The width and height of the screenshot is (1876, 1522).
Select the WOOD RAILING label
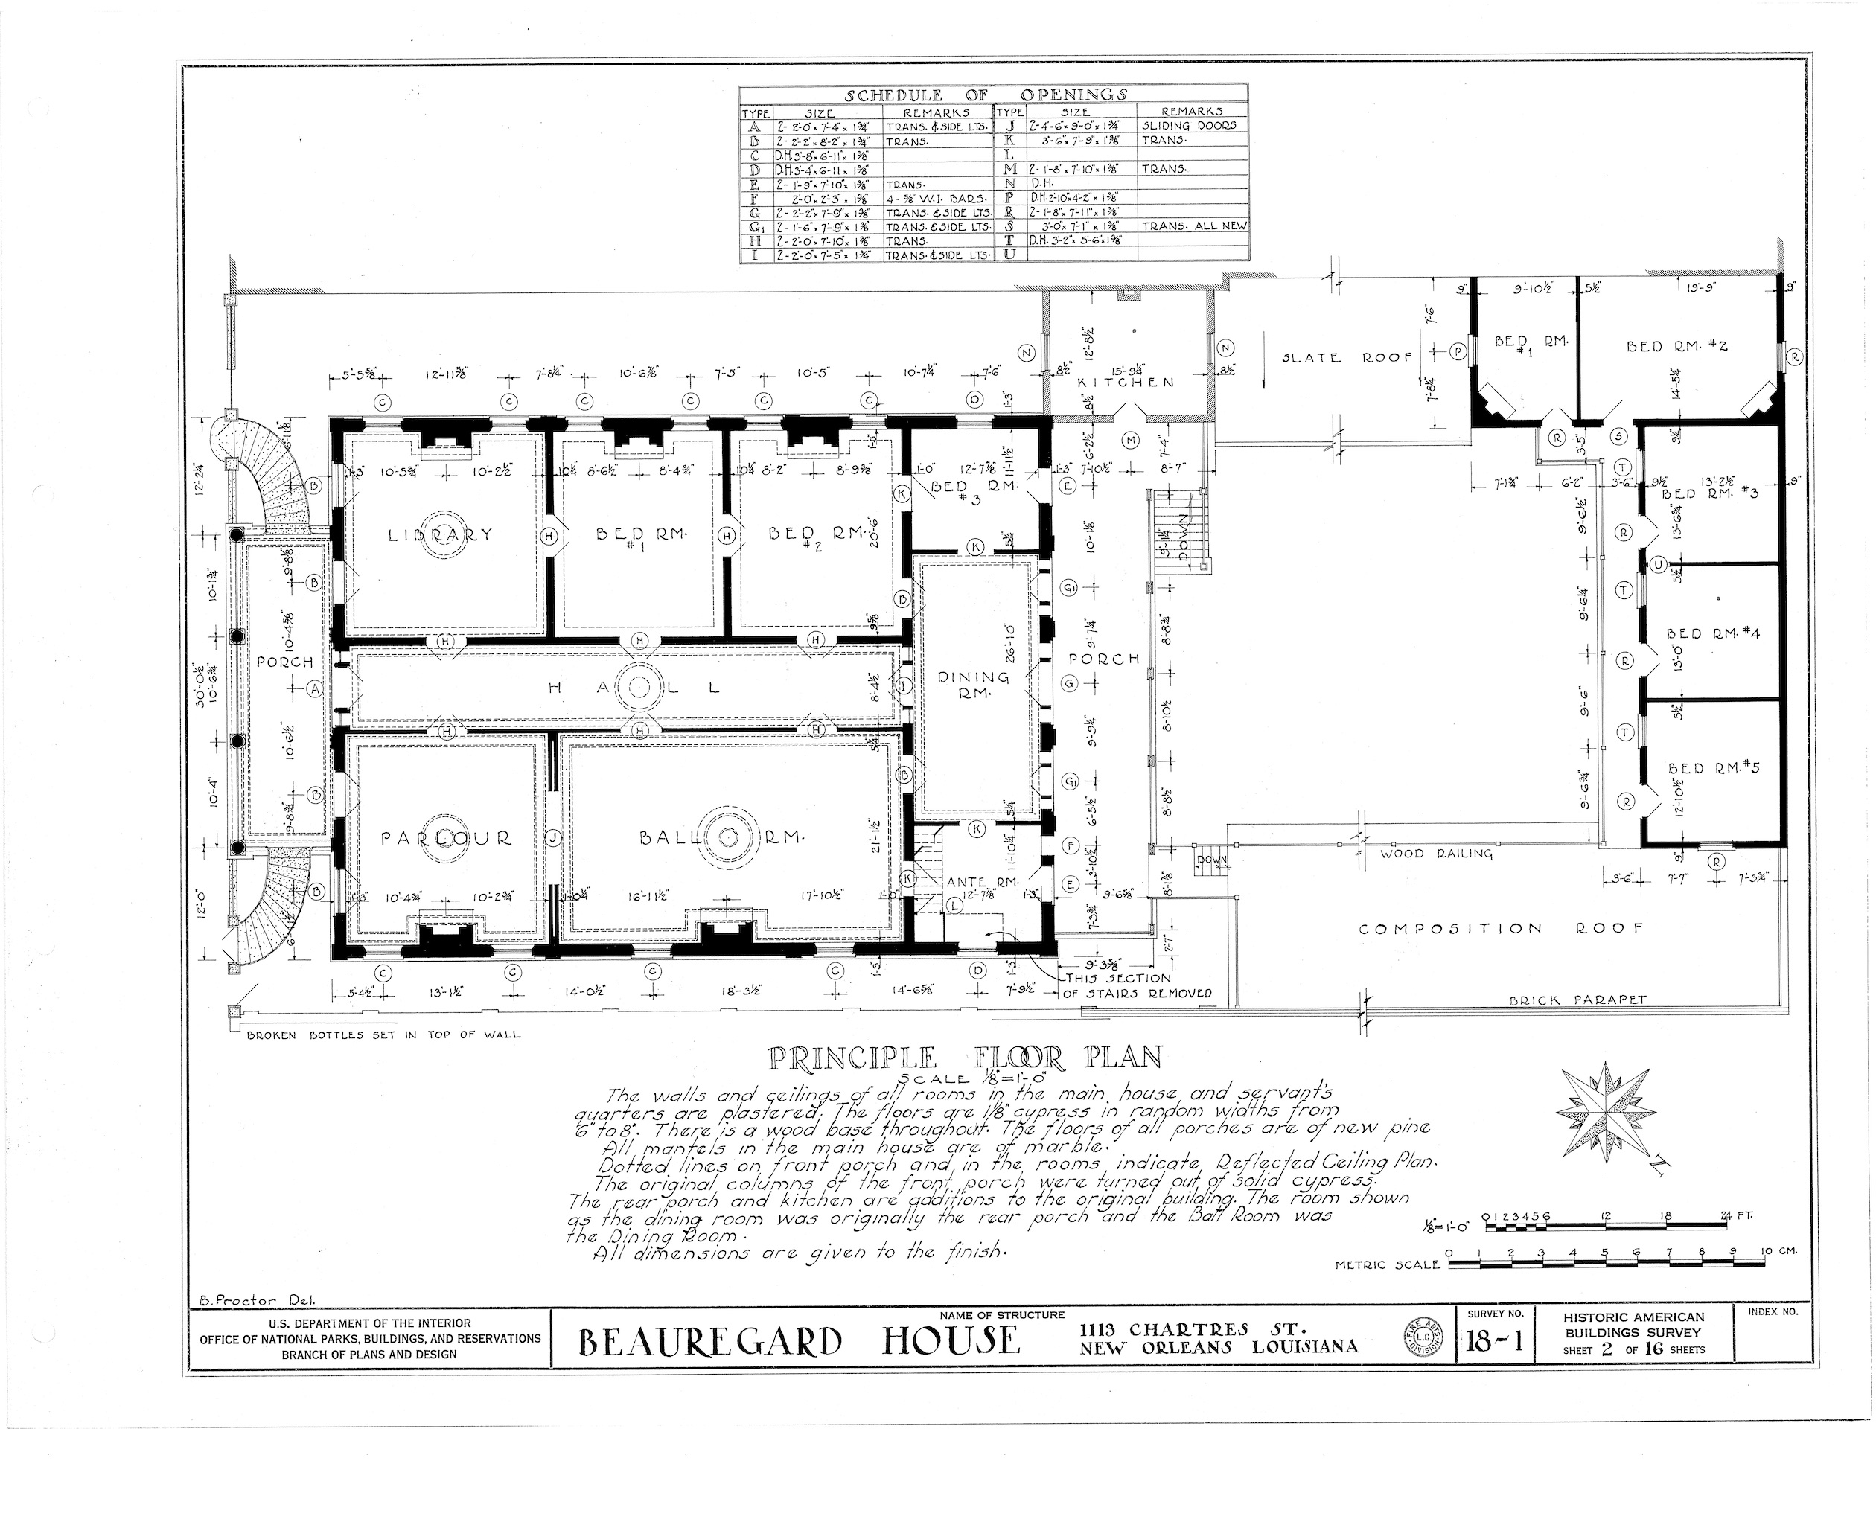click(x=1436, y=853)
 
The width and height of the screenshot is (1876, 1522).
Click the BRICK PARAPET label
click(x=1577, y=1000)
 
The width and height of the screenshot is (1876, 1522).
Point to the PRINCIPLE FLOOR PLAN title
click(x=965, y=1058)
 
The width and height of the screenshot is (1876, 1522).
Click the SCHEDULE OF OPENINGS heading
click(x=986, y=95)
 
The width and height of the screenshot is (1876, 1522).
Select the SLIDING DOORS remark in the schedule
click(x=1190, y=125)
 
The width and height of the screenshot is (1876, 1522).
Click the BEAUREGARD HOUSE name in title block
click(x=799, y=1341)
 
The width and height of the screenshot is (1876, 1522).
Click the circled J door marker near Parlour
click(x=552, y=838)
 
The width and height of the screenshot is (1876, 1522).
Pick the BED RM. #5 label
click(x=1713, y=769)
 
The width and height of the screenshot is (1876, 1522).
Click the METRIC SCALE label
click(x=1388, y=1265)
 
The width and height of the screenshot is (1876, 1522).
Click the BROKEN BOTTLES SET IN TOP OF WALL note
click(x=383, y=1035)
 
